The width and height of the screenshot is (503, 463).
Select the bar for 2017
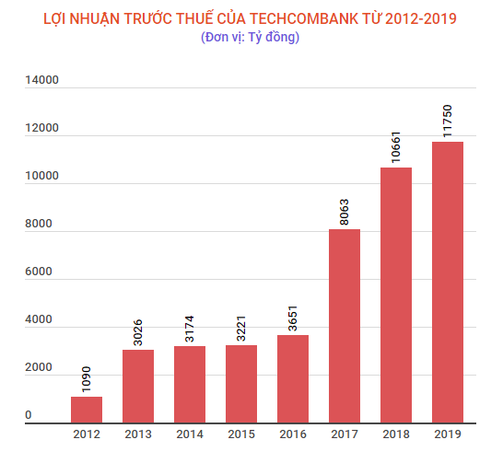click(345, 326)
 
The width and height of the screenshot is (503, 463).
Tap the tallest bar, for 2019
click(448, 282)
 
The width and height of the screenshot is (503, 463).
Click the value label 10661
click(396, 145)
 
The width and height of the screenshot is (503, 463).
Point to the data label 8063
click(345, 208)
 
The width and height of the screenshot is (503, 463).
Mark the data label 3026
click(138, 329)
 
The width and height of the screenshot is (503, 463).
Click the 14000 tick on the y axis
click(41, 80)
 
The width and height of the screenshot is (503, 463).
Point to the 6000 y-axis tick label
click(41, 272)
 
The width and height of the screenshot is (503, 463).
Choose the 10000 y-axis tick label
click(41, 177)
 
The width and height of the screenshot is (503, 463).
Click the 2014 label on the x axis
click(190, 433)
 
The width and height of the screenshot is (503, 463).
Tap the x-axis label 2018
click(396, 433)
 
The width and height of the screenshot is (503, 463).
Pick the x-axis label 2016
click(293, 433)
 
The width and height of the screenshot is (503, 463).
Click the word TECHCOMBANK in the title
click(304, 18)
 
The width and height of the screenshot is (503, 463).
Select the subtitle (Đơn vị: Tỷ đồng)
click(251, 38)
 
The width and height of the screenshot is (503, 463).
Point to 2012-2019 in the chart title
click(420, 18)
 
